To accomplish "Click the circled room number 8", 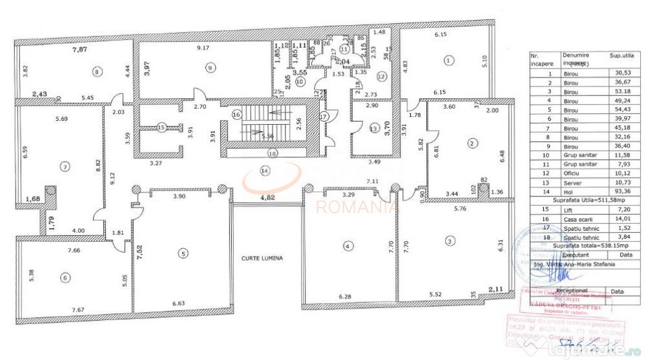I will [x=97, y=71].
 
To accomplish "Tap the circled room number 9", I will [x=209, y=67].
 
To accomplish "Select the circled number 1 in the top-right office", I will [x=448, y=60].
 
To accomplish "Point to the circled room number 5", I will [x=184, y=254].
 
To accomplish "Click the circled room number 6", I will [x=64, y=278].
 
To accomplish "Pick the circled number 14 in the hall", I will [x=264, y=171].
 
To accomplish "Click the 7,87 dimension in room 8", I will [x=81, y=49].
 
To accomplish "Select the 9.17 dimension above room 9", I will [x=203, y=48].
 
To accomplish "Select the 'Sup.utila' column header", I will [x=620, y=56].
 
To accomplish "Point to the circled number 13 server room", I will [x=372, y=128].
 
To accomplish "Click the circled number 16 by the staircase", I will [x=237, y=114].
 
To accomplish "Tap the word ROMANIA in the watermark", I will [x=356, y=207].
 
